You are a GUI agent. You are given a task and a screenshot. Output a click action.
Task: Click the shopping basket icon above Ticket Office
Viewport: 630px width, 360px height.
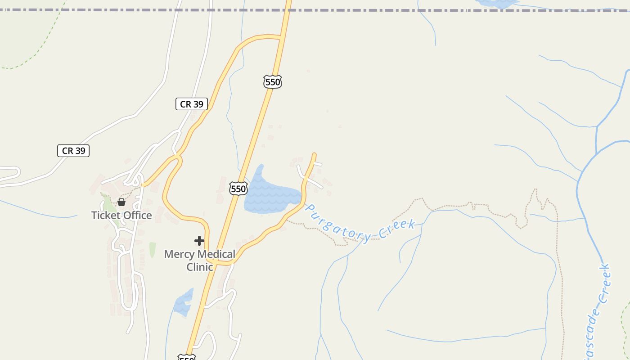click(121, 202)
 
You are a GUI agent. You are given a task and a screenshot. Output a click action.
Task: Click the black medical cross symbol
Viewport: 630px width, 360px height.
click(199, 241)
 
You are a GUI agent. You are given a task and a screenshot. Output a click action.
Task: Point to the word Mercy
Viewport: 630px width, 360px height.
click(179, 254)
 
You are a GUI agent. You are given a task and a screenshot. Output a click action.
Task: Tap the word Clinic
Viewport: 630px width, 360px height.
click(199, 267)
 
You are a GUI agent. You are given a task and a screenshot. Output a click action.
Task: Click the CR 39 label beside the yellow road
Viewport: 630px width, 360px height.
click(192, 104)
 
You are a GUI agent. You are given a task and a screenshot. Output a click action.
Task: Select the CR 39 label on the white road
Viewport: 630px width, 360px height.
click(73, 151)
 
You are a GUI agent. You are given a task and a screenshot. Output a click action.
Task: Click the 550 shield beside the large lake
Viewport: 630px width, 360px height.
click(238, 189)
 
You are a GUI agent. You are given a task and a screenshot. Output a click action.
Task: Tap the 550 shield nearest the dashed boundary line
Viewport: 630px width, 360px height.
click(273, 82)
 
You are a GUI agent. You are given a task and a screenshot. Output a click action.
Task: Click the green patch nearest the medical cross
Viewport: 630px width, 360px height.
click(153, 249)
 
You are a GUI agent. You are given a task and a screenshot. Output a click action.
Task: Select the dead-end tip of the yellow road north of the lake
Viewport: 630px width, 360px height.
click(314, 155)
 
